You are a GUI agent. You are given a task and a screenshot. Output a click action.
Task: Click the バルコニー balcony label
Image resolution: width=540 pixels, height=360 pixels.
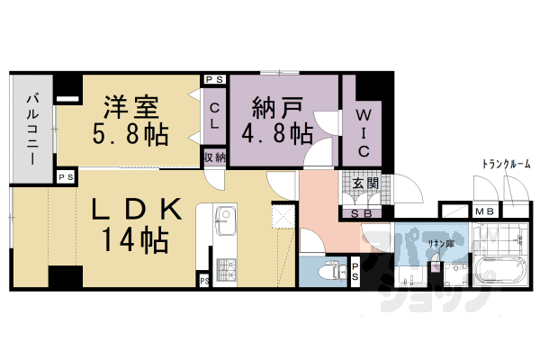[x=32, y=132]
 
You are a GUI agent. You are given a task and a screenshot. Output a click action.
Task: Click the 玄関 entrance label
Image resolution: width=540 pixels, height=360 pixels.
[x=354, y=185]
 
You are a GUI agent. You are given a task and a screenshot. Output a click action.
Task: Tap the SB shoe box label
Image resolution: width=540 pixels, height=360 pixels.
[x=353, y=213]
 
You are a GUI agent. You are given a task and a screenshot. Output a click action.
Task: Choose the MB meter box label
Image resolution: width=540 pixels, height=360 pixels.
[x=485, y=212]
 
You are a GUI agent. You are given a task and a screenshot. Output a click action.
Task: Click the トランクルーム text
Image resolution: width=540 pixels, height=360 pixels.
[x=507, y=164]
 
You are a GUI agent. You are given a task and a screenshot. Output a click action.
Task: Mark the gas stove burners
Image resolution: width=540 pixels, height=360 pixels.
[x=224, y=267]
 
